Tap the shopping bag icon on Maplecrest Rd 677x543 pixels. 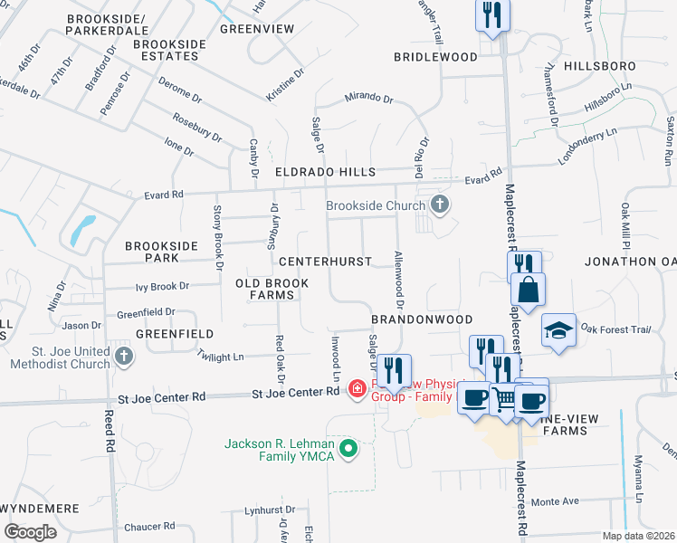[x=528, y=291]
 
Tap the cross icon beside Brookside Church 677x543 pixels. [x=440, y=205]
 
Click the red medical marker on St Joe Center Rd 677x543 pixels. [x=358, y=389]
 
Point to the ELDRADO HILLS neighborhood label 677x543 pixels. [x=325, y=171]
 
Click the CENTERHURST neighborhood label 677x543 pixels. [x=325, y=262]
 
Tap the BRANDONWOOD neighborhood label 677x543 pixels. [x=422, y=320]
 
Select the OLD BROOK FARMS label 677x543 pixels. [x=272, y=290]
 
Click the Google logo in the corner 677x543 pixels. [x=31, y=531]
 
